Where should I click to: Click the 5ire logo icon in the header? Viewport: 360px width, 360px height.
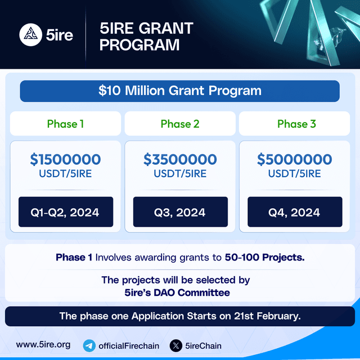pos(30,35)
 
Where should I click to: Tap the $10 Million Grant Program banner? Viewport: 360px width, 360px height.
pos(179,91)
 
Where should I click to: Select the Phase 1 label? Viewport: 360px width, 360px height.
pos(65,124)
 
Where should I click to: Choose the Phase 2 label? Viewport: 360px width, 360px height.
pos(180,124)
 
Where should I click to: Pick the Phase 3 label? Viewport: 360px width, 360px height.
pos(296,124)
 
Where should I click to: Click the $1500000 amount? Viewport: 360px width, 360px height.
pos(66,160)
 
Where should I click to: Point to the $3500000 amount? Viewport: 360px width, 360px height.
pos(180,160)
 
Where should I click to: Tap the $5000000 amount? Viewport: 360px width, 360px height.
pos(294,160)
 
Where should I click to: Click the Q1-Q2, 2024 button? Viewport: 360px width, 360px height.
pos(66,212)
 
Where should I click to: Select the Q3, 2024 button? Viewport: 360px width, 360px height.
pos(180,212)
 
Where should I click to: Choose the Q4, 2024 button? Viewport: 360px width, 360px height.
pos(294,212)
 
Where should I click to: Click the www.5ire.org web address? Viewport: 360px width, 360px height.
pos(43,345)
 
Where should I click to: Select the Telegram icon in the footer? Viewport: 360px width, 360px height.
pos(89,345)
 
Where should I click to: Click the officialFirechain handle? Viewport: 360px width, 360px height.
pos(129,345)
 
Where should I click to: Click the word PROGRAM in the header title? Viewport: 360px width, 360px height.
pos(140,44)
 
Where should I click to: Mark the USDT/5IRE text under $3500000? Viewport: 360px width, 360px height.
pos(180,174)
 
